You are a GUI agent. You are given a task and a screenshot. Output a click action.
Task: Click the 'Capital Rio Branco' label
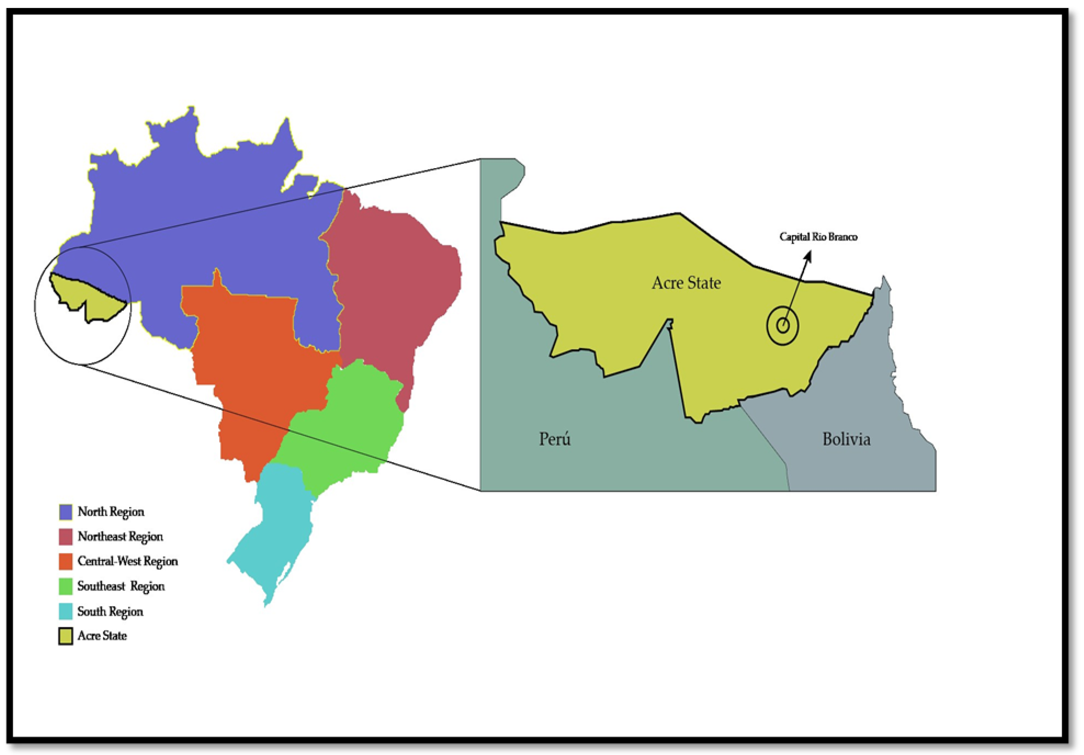coord(818,237)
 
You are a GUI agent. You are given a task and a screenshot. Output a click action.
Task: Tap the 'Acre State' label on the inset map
coord(686,283)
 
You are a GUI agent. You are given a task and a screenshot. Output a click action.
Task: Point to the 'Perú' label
coord(555,439)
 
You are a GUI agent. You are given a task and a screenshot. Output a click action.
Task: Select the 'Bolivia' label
coord(846,439)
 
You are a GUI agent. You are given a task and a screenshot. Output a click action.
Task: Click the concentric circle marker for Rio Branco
coord(782,325)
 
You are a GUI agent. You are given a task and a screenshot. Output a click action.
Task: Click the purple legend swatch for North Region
coord(66,512)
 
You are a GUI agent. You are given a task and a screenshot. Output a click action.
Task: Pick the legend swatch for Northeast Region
coord(66,537)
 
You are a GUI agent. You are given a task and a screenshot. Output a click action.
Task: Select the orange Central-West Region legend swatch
coord(66,561)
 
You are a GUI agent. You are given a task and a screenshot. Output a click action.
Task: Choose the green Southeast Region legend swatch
coord(66,586)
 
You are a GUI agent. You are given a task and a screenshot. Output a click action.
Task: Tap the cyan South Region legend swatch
coord(66,612)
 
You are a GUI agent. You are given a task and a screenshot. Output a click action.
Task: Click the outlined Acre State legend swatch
coord(66,636)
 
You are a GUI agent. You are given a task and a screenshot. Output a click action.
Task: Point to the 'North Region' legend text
coord(111,512)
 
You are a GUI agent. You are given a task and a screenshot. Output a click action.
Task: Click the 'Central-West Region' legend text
coord(128,561)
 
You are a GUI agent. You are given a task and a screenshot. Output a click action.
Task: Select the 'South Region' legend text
coord(110,612)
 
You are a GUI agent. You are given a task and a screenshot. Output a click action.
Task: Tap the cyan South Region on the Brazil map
coord(279,519)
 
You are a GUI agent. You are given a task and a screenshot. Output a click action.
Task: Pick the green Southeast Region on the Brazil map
coord(349,425)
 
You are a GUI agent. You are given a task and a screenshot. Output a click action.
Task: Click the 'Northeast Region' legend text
coord(120,537)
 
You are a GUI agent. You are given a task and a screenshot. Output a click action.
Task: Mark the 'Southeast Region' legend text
coord(121,586)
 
